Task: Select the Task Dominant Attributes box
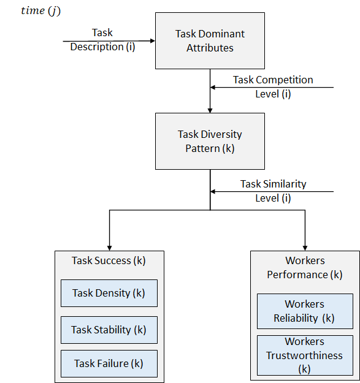coord(210,40)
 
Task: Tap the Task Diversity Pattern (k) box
coord(210,141)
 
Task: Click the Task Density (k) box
coord(109,293)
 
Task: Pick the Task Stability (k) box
coord(109,330)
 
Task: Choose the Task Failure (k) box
coord(109,363)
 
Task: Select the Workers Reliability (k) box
coord(304,311)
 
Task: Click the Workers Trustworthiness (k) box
coord(304,355)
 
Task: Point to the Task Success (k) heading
coord(109,260)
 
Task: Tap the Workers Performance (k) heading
coord(304,267)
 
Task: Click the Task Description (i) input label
coord(102,40)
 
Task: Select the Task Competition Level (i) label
coord(273,87)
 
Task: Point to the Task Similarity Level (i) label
coord(273,191)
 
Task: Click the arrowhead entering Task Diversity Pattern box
coord(210,110)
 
